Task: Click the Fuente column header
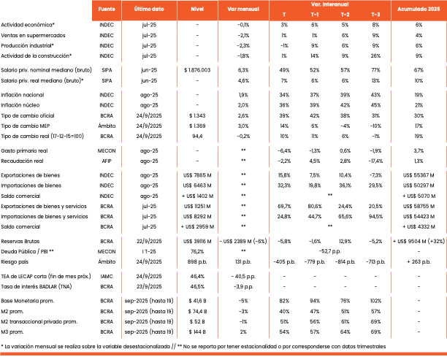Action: tap(107, 9)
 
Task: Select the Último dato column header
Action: tap(149, 9)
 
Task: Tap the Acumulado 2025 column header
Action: tap(419, 9)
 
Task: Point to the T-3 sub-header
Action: tap(375, 15)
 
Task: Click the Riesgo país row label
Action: tap(15, 260)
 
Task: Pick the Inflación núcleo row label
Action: tap(22, 105)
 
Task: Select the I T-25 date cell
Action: tap(149, 250)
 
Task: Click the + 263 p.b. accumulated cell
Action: tap(419, 260)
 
